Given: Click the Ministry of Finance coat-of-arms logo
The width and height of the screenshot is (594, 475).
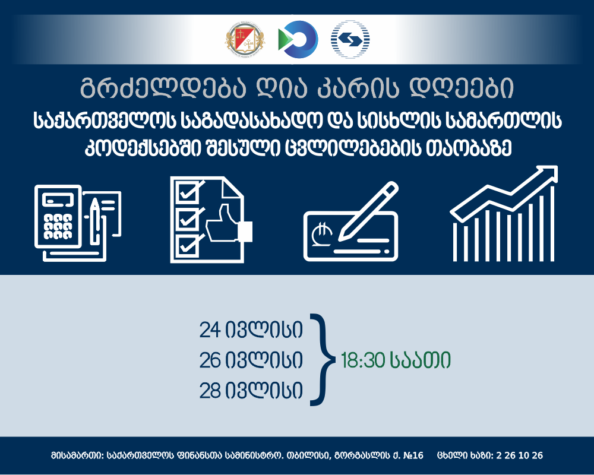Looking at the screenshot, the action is coord(245,39).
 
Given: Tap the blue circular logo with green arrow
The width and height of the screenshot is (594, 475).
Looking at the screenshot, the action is coord(298,39).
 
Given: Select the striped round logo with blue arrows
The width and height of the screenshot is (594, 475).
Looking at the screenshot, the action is coord(350,39).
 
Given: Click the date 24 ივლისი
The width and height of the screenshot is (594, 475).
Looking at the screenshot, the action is coord(251,330).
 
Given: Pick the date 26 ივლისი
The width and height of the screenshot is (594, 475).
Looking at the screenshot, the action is coord(251,360).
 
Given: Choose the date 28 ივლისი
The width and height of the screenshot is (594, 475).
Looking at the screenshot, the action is coord(251,390).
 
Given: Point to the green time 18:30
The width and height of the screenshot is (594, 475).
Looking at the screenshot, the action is coord(363,360).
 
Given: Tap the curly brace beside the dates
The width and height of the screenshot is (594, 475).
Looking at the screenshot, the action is coord(323,360).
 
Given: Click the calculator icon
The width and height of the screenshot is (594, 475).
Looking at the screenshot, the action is coord(58,217).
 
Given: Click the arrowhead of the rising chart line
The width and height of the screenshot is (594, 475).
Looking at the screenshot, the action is coord(548,174).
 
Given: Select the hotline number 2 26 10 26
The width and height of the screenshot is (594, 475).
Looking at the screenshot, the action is coord(519,455).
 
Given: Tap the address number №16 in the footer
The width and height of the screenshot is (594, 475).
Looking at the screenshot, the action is coord(413,455).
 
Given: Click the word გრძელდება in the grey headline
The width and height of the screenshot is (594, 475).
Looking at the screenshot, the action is coord(164,88).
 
